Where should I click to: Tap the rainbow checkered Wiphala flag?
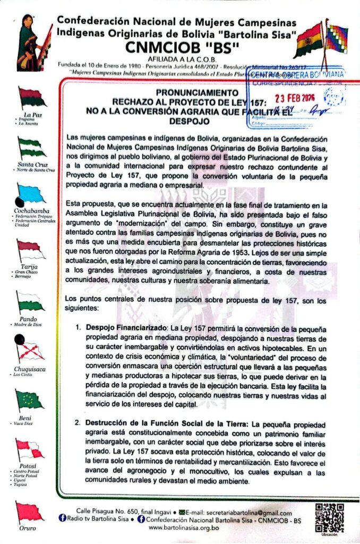click(x=336, y=37)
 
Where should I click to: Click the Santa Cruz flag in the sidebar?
click(x=31, y=146)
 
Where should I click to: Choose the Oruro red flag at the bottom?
click(x=29, y=511)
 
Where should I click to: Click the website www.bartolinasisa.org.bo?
click(x=184, y=528)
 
